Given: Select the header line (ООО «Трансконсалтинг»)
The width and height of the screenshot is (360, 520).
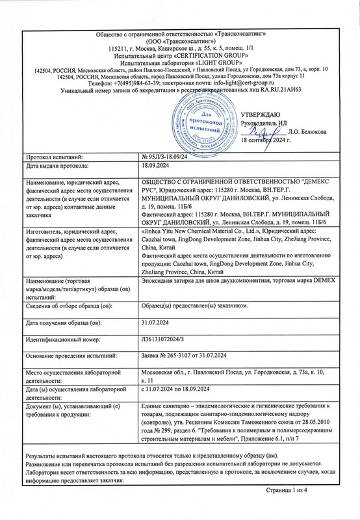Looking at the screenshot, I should (180, 40).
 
